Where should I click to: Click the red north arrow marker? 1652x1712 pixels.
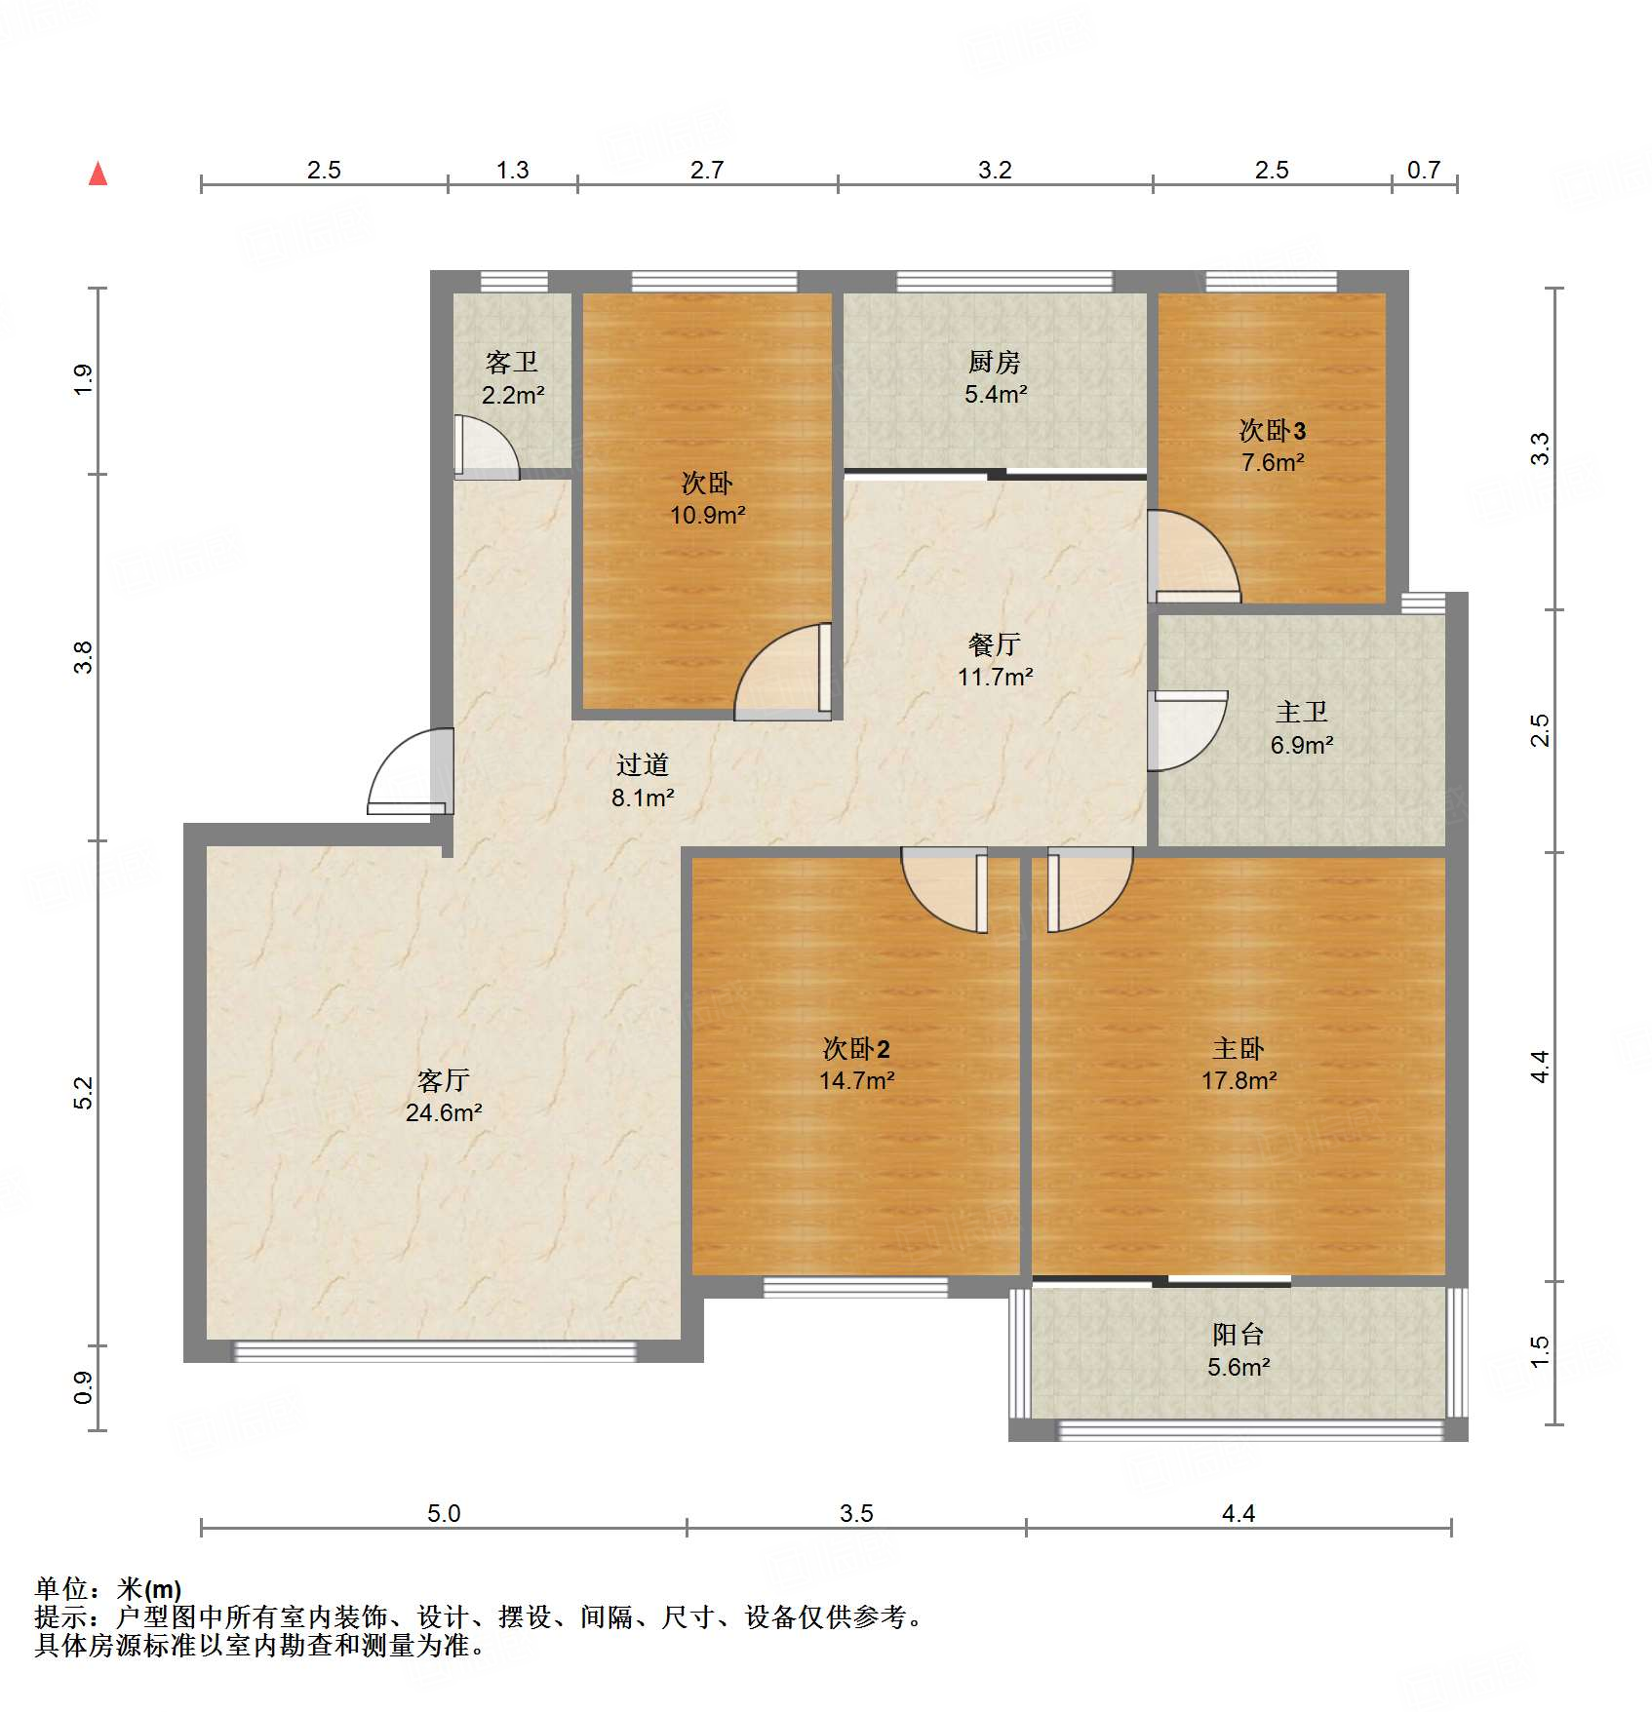98,175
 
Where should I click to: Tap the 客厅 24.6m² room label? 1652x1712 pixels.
444,1096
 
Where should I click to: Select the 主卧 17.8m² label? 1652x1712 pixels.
1239,1064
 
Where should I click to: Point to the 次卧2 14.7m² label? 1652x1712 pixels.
856,1064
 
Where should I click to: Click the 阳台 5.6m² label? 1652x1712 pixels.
1239,1350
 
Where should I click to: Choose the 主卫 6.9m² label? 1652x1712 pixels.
1301,728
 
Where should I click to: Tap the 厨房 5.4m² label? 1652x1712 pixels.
995,378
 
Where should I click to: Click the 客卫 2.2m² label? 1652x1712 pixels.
512,378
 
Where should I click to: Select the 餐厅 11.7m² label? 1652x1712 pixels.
995,660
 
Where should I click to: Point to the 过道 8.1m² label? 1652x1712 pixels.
643,781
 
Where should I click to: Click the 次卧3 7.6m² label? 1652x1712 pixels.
1273,446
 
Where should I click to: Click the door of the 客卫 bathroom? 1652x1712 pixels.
485,448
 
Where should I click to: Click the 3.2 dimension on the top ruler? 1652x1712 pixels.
995,170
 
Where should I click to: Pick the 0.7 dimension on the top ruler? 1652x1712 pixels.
1423,170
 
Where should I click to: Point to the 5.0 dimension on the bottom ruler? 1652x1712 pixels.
444,1513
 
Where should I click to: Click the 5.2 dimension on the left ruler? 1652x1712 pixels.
83,1092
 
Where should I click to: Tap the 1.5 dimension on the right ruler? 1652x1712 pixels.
1539,1351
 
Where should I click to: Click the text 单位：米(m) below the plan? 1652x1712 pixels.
108,1589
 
